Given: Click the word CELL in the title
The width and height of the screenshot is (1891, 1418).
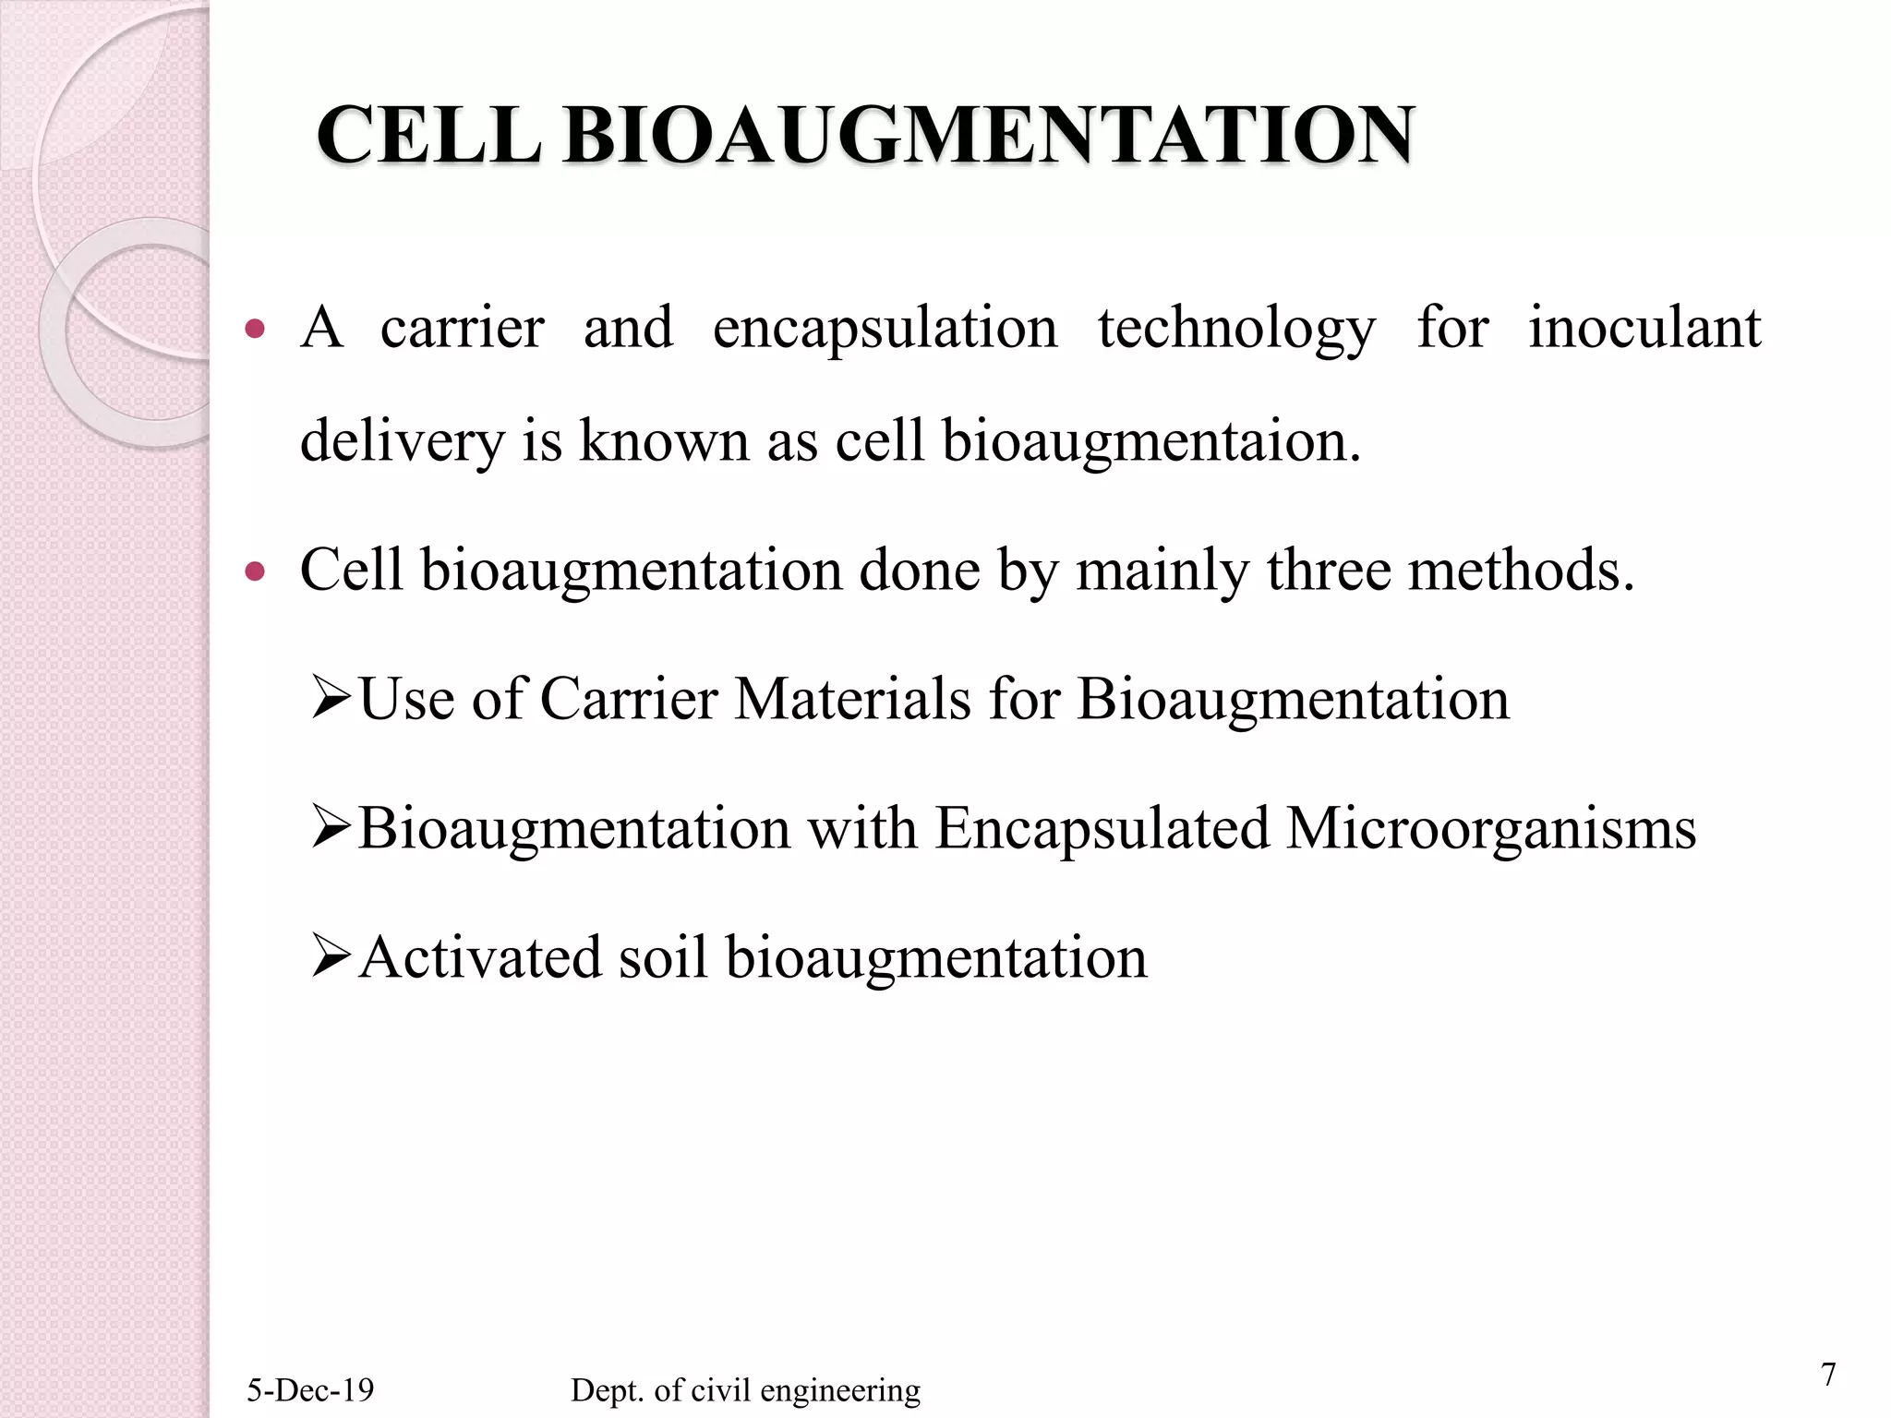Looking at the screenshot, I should click(x=428, y=137).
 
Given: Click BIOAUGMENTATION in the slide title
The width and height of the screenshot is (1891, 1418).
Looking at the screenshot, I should click(x=988, y=137).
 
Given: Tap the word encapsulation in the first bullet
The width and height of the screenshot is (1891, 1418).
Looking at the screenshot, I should click(x=885, y=329).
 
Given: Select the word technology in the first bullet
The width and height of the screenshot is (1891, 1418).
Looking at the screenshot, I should click(x=1236, y=329).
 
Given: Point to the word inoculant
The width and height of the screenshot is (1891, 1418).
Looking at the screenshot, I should click(x=1644, y=329).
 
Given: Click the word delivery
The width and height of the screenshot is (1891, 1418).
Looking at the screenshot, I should click(x=403, y=441).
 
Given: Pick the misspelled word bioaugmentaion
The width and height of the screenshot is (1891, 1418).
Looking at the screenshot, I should click(x=1150, y=441).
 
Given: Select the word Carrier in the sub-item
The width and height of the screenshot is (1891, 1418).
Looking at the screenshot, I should click(x=628, y=699).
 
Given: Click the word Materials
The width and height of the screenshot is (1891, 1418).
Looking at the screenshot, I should click(x=852, y=699).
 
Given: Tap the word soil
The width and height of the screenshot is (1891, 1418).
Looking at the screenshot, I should click(x=662, y=957).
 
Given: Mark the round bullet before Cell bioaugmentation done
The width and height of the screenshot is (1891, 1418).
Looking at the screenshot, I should click(x=256, y=572).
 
